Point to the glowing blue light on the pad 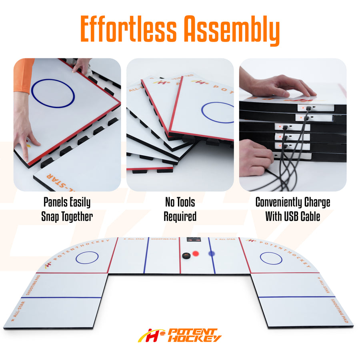click(212, 254)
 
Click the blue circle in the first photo click(53, 93)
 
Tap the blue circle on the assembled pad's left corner click(87, 257)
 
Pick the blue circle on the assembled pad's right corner click(271, 258)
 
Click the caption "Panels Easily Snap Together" click(67, 209)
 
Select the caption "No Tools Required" click(180, 209)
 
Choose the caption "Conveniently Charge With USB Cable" click(293, 209)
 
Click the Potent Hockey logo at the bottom click(180, 335)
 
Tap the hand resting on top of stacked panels click(280, 85)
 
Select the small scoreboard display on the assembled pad click(194, 241)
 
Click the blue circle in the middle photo click(218, 112)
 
